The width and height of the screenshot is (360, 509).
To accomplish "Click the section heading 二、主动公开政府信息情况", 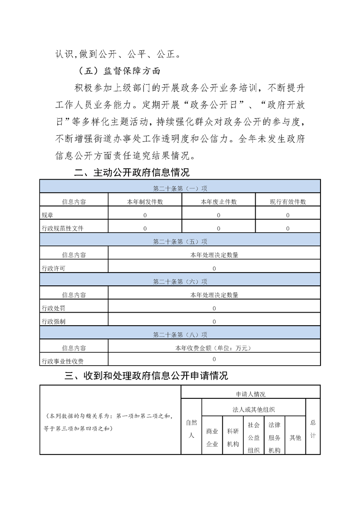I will (x=132, y=172).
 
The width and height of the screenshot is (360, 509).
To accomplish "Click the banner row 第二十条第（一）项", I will (x=180, y=188).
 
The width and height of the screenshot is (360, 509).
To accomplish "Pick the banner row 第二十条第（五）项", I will (x=180, y=242).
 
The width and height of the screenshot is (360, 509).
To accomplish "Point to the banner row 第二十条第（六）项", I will (x=180, y=282).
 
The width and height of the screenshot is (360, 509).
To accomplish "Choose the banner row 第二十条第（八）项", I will (x=180, y=335).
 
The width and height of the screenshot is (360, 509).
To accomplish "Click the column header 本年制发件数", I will (x=145, y=202).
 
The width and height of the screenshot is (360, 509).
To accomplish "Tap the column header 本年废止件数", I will (x=218, y=202).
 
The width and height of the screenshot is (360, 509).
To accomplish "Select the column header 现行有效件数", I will (x=288, y=202).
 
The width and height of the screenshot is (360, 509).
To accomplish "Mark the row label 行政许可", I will (x=53, y=269).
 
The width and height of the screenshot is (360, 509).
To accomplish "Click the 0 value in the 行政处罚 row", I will (x=214, y=308).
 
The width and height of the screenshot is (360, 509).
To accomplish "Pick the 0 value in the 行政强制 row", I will (x=214, y=322).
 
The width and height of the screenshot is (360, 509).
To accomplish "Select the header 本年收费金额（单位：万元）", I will (x=214, y=348).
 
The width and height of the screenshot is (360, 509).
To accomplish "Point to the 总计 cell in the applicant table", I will (x=313, y=429).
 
